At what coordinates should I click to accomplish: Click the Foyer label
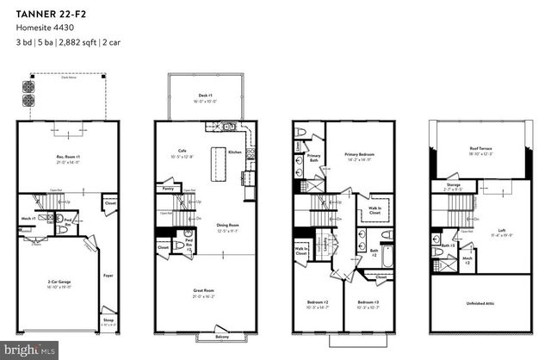[x=108, y=276]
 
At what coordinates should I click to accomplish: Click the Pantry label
[x=169, y=187]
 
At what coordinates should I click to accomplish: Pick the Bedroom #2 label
[x=318, y=303]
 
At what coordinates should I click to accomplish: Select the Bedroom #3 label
[x=368, y=303]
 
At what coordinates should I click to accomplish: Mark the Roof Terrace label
[x=480, y=149]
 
